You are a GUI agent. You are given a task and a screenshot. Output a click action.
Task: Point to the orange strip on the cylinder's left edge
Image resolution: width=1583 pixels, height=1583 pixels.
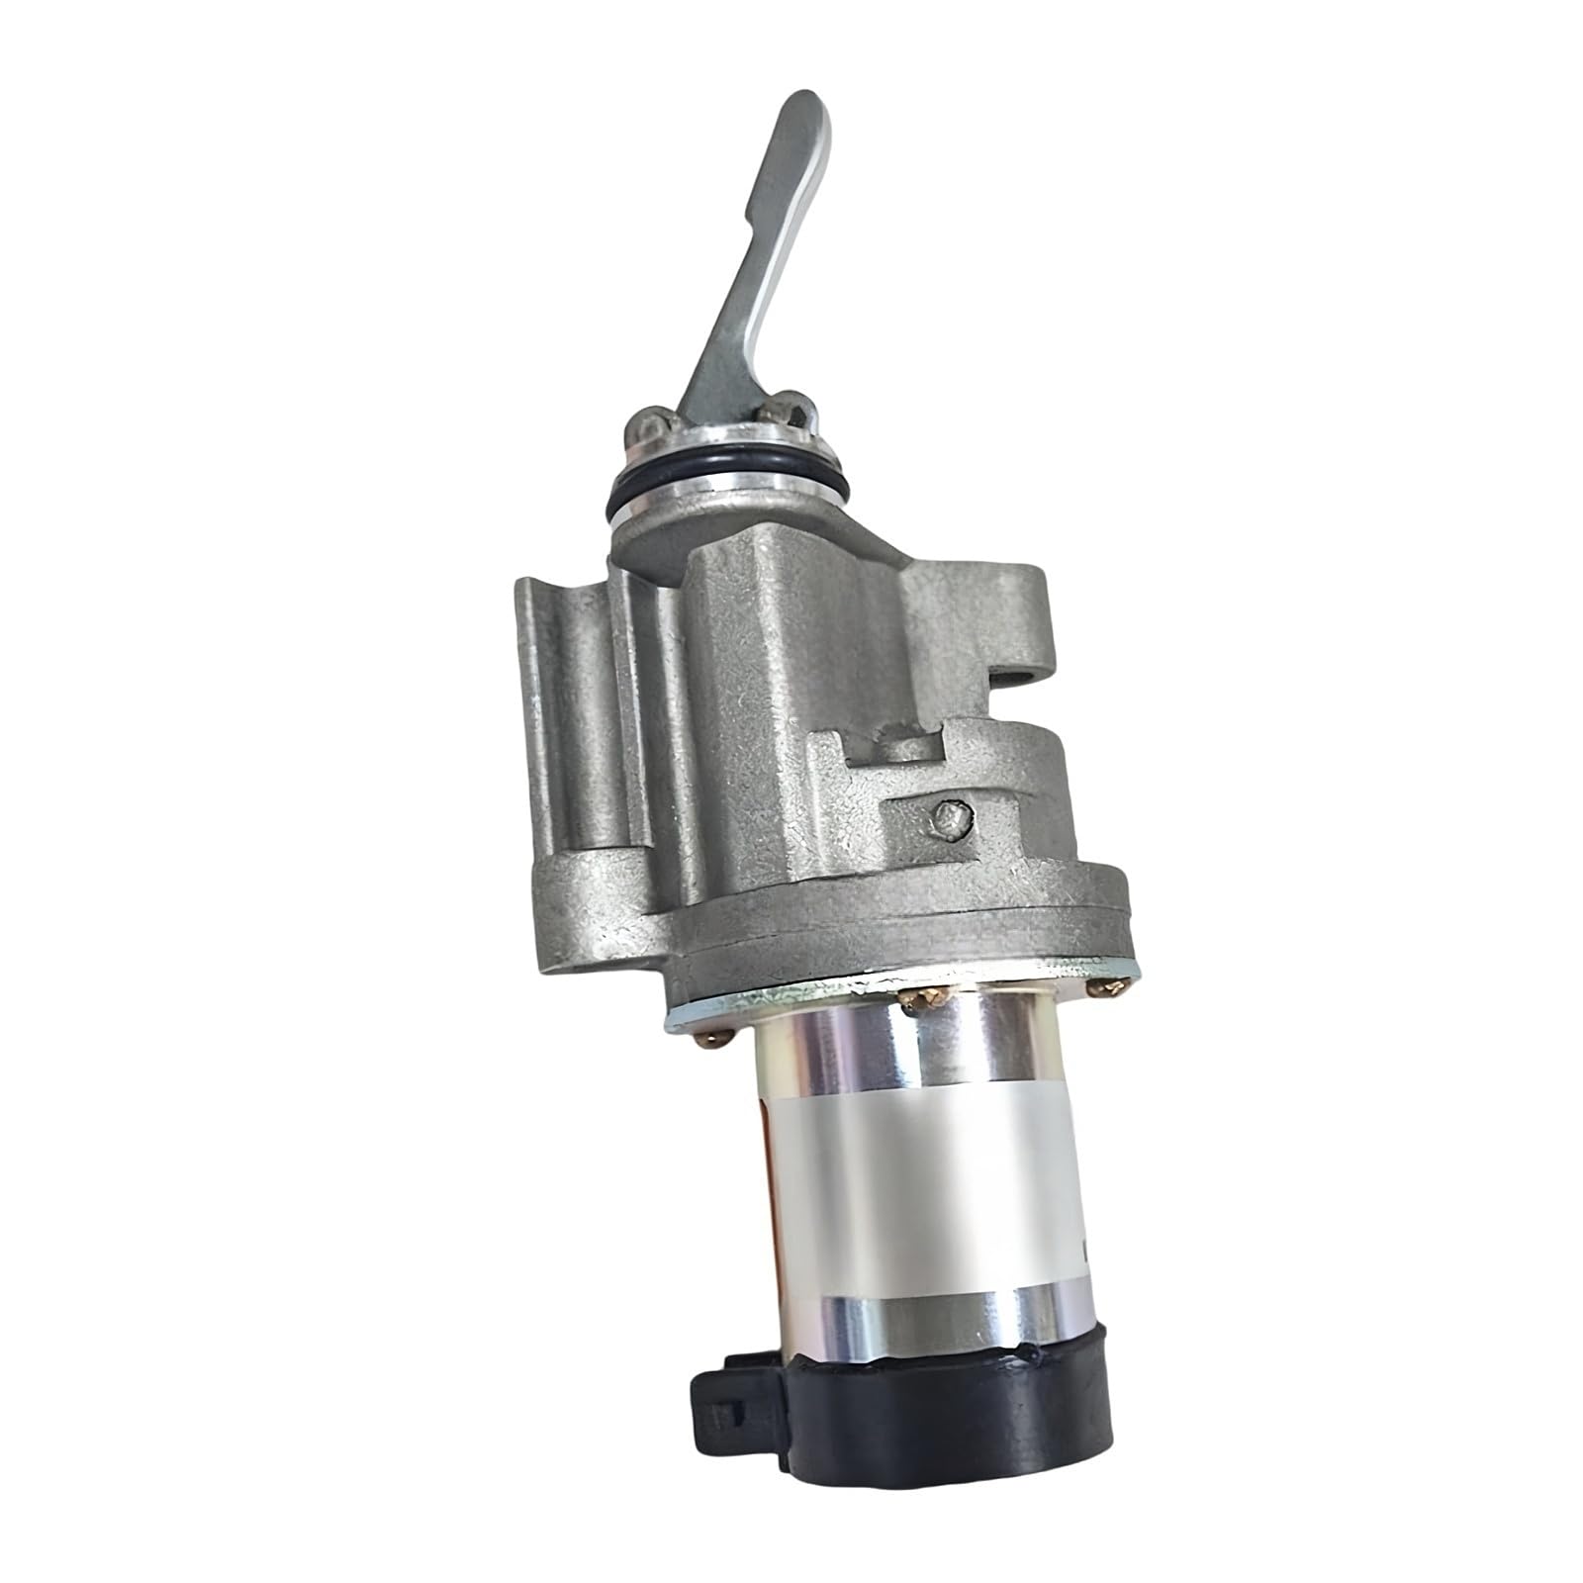tap(769, 1177)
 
